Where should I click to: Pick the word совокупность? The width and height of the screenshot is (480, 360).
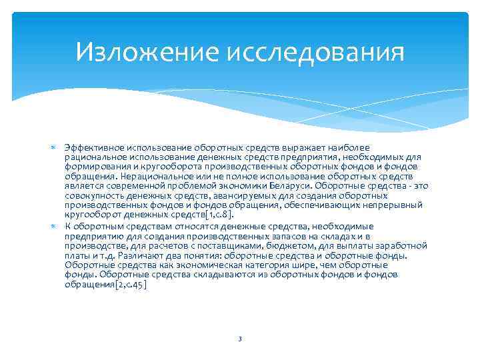(92, 196)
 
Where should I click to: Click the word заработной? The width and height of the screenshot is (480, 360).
(403, 245)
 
